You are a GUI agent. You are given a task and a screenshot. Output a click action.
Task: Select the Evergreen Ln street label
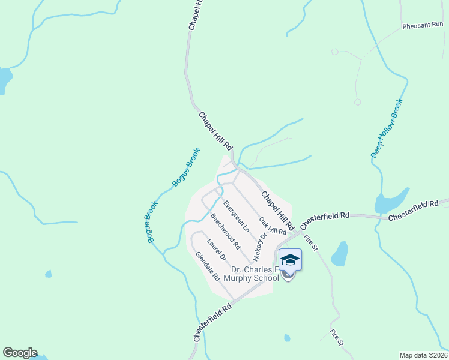coord(236,216)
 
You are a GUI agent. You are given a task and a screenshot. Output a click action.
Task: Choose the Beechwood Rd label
coord(225,231)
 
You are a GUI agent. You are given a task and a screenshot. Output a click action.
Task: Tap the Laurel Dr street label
coord(215,250)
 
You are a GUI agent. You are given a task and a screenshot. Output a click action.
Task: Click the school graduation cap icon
coord(290,260)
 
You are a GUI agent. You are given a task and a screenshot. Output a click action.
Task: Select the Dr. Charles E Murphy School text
coord(252,274)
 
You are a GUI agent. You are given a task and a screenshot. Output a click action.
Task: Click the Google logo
coord(20,353)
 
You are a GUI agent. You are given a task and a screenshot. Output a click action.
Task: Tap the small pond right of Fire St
coord(340,253)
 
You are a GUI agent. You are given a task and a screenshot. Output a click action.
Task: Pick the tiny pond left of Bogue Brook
coord(48,274)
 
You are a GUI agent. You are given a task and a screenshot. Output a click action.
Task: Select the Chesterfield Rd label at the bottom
coord(212,322)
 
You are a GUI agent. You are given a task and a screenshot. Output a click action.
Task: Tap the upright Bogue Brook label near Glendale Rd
coord(150,222)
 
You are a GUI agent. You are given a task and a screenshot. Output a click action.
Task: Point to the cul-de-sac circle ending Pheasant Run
coord(357,102)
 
